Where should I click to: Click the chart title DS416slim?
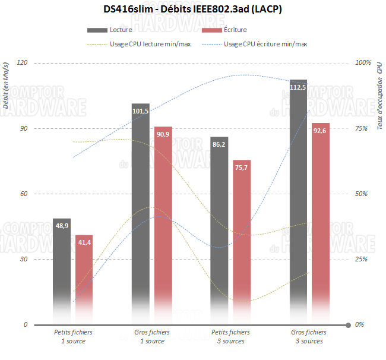pyautogui.click(x=192, y=10)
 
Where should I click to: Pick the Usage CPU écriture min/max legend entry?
pyautogui.click(x=265, y=43)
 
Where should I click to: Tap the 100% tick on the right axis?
pyautogui.click(x=362, y=63)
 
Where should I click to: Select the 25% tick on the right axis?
pyautogui.click(x=362, y=260)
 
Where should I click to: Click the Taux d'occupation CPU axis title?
pyautogui.click(x=379, y=89)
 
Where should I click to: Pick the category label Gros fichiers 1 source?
pyautogui.click(x=152, y=337)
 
